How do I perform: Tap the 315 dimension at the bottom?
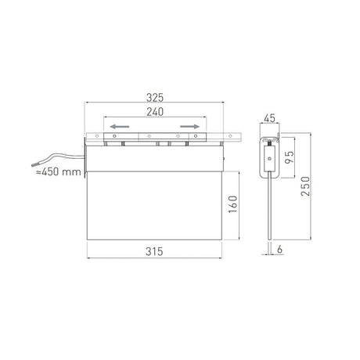pyautogui.click(x=153, y=251)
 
